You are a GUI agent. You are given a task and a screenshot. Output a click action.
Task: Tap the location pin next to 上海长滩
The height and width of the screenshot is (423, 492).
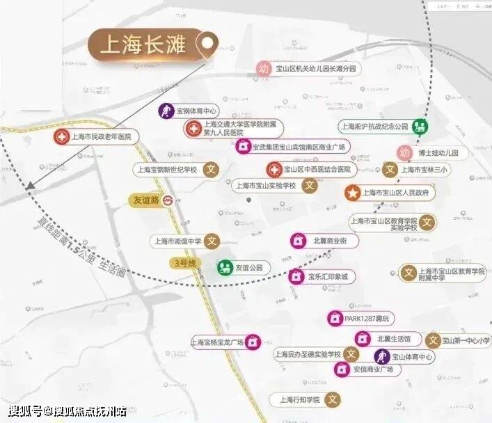click(x=207, y=47)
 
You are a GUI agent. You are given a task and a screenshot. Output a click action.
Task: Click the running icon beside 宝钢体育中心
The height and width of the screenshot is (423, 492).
click(x=166, y=111)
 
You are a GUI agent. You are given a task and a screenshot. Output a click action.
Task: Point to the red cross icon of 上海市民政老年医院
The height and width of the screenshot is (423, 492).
click(x=62, y=136)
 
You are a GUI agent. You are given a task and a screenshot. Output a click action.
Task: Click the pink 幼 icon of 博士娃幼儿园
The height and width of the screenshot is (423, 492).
click(x=404, y=152)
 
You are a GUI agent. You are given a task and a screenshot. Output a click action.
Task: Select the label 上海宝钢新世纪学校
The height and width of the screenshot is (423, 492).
click(x=166, y=169)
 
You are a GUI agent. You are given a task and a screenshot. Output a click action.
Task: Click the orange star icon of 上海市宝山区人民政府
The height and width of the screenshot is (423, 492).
click(x=353, y=192)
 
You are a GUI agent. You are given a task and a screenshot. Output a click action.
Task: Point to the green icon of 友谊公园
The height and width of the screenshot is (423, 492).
click(x=225, y=267)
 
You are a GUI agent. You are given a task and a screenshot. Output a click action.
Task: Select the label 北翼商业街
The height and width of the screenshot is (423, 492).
click(x=335, y=240)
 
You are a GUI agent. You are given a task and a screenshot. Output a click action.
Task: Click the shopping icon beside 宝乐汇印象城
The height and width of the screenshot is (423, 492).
click(x=297, y=276)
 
